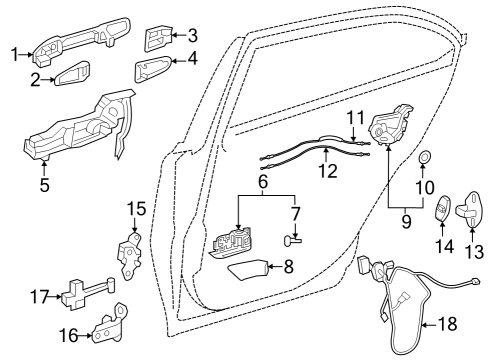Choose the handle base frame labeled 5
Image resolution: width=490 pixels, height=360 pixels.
coord(80,131)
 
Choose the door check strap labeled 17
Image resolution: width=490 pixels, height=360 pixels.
coord(85,295)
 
